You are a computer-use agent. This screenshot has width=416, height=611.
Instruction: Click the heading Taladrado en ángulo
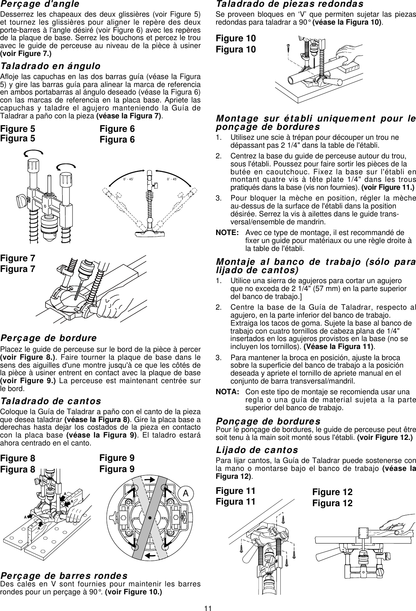[50, 66]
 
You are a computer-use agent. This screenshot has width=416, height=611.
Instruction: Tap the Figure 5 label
[17, 129]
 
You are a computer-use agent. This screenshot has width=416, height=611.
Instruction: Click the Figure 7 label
[17, 258]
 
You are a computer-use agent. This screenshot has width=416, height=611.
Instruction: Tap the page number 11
[208, 607]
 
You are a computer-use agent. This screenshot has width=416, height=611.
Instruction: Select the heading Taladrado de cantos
[51, 401]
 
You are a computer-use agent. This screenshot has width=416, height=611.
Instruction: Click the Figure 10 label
[236, 39]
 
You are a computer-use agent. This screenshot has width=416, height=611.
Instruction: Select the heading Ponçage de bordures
[268, 421]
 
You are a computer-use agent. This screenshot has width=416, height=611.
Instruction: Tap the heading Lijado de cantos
[256, 450]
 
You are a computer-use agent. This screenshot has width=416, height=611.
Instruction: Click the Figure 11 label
[236, 491]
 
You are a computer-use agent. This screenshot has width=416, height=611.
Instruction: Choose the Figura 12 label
[332, 503]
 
